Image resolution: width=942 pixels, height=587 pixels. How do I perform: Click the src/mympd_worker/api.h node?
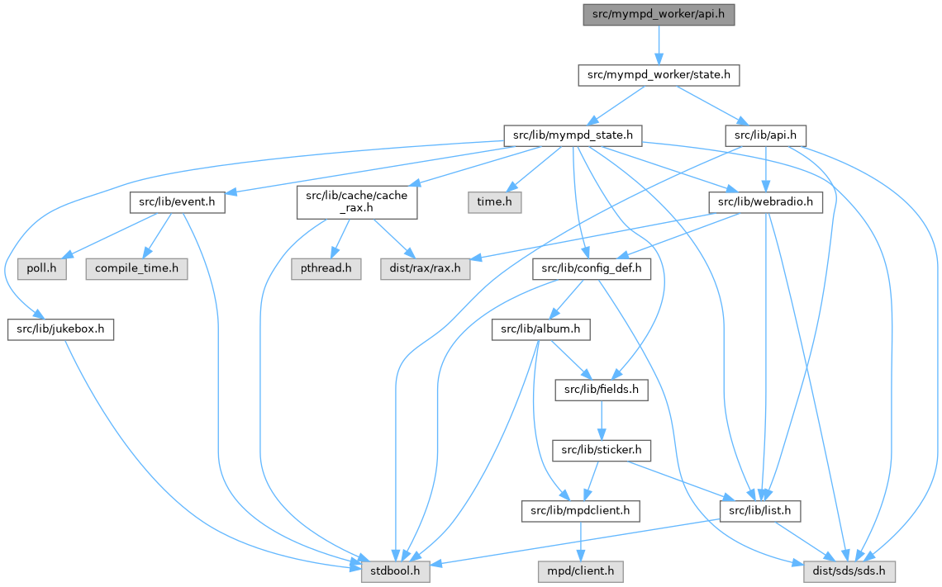click(659, 14)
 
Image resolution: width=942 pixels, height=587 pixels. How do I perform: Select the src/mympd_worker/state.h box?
click(658, 74)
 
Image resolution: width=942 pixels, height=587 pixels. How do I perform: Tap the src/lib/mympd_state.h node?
click(573, 134)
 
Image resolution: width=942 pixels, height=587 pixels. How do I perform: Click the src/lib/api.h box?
click(765, 134)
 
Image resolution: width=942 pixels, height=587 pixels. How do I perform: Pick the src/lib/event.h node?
click(177, 201)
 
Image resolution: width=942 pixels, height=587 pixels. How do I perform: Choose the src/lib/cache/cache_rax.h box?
click(357, 201)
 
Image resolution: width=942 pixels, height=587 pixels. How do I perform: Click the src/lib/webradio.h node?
click(765, 201)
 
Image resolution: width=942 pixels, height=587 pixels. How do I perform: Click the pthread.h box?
click(326, 268)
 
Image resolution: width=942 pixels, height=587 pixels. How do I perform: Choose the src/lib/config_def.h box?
click(592, 268)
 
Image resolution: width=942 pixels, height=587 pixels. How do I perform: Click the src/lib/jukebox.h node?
click(60, 329)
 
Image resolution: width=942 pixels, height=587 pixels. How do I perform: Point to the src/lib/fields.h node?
click(601, 390)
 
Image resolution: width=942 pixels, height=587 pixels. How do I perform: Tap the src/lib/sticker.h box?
click(602, 450)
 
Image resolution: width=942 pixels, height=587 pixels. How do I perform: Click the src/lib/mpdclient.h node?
click(581, 511)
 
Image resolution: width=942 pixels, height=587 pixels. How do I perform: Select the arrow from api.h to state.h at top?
click(659, 45)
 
